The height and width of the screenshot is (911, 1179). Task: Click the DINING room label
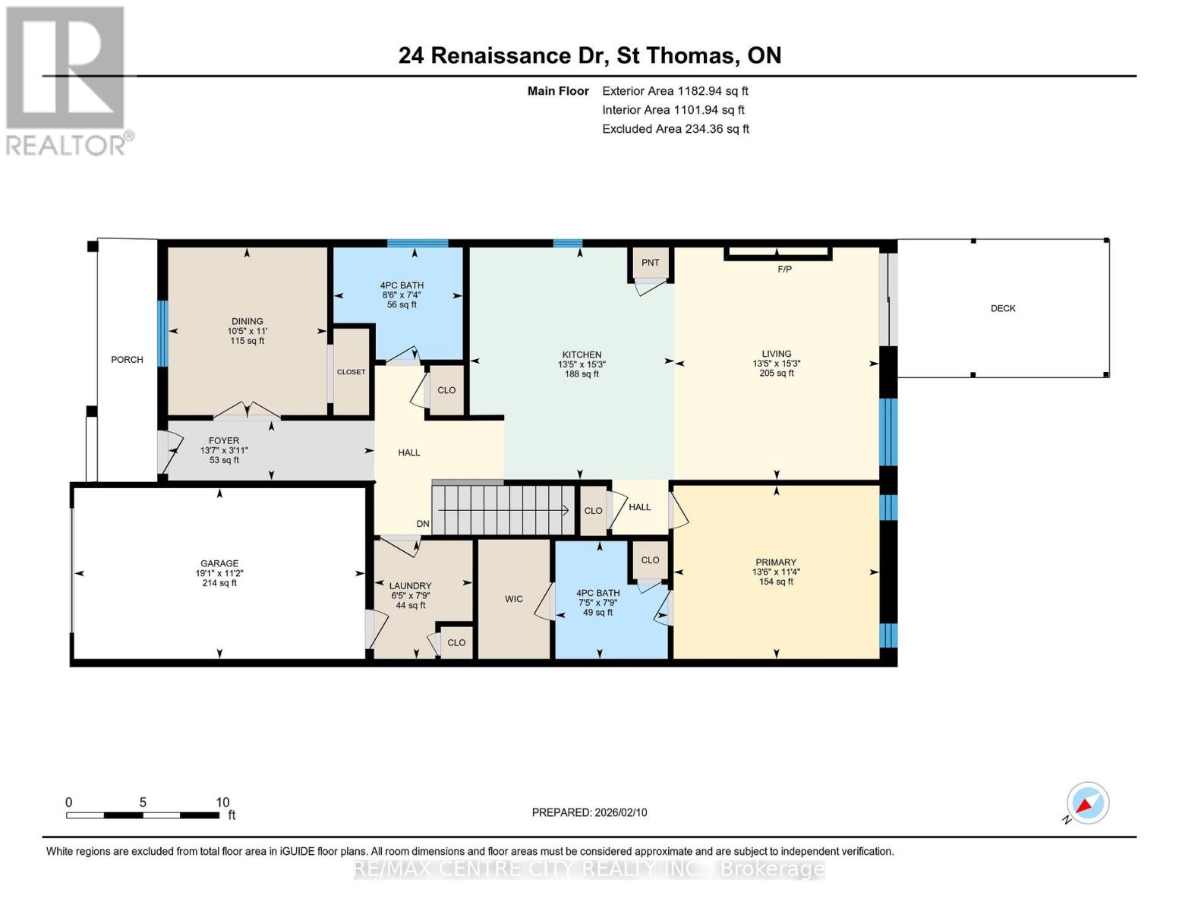(x=247, y=321)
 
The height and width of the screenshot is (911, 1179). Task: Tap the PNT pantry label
(x=650, y=263)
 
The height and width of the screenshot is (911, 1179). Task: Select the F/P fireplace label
(x=784, y=270)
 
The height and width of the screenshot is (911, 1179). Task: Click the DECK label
(x=1002, y=308)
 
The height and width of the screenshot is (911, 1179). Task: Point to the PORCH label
(x=127, y=360)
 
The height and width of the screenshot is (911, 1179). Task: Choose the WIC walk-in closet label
(x=514, y=599)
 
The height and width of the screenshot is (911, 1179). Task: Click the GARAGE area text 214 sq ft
(x=219, y=583)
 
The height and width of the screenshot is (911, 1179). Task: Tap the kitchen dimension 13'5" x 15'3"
(x=582, y=364)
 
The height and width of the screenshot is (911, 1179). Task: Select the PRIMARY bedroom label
(x=775, y=563)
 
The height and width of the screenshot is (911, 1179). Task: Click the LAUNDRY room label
(x=410, y=586)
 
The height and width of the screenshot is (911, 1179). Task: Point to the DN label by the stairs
(x=423, y=524)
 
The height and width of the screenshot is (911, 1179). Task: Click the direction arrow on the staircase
(x=566, y=510)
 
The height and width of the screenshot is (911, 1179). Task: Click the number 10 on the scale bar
(x=222, y=802)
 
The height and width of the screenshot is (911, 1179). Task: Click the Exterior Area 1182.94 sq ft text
(x=675, y=91)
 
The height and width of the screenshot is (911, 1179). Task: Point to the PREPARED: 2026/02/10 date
(x=589, y=812)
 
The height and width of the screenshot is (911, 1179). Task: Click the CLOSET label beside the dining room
(x=351, y=372)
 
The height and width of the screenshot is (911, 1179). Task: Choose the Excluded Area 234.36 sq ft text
(x=675, y=129)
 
